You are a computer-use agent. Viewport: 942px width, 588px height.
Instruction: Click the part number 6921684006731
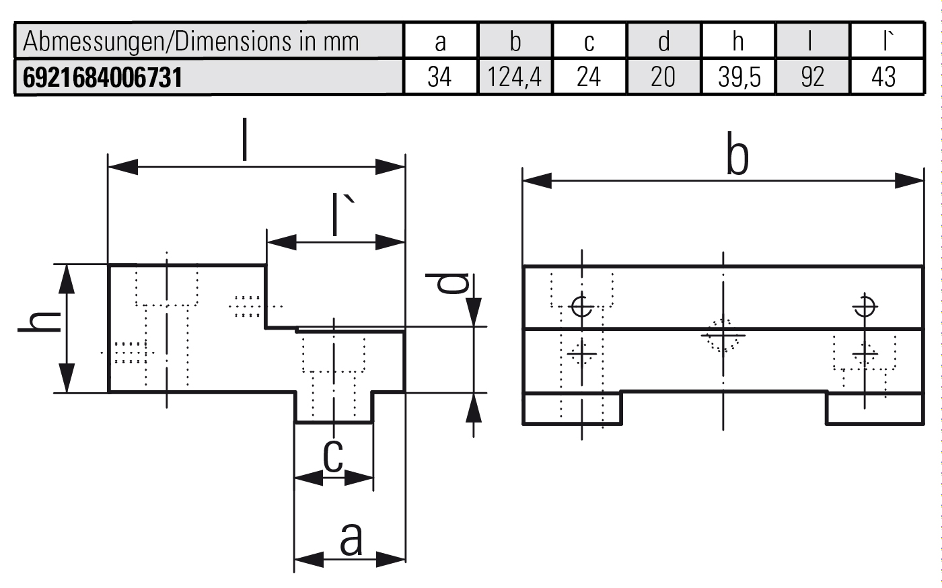(103, 77)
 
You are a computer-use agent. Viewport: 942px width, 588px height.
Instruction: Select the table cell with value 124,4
(515, 77)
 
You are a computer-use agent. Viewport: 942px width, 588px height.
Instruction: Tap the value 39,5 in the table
(739, 77)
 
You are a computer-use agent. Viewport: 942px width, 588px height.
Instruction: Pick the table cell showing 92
(813, 77)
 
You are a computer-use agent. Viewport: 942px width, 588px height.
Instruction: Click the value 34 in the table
(439, 77)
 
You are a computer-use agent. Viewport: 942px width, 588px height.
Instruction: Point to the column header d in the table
(663, 42)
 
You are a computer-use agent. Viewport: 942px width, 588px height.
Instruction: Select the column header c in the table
(589, 42)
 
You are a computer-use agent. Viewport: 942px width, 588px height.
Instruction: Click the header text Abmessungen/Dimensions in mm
(191, 42)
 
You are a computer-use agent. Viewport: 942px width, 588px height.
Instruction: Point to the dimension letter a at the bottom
(351, 538)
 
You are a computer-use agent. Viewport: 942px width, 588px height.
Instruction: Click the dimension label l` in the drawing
(343, 215)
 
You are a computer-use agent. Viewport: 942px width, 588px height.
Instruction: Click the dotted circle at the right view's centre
(722, 334)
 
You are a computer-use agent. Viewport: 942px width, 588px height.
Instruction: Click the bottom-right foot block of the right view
(874, 409)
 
